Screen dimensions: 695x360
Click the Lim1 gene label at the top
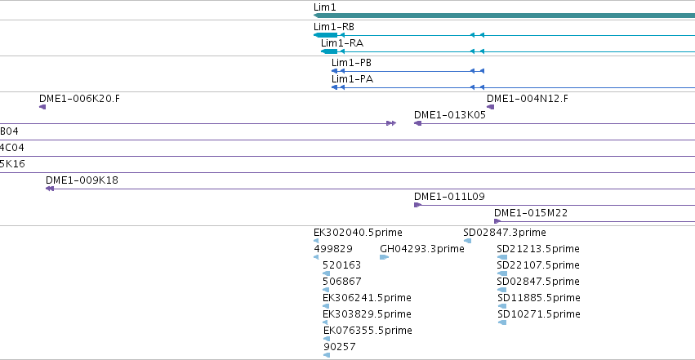tap(324, 7)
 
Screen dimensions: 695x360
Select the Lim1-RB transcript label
tap(334, 27)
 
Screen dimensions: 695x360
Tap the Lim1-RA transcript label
tap(342, 43)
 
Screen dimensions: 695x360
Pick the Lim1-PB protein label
tap(351, 62)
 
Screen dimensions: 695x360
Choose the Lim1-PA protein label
tap(352, 79)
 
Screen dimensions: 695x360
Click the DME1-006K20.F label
tap(79, 98)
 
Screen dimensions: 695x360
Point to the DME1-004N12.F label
tap(528, 98)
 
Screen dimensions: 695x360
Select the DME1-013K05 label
tap(450, 114)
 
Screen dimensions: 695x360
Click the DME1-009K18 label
tap(82, 180)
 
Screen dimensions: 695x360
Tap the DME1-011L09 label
tap(449, 196)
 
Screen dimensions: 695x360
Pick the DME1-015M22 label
tap(531, 212)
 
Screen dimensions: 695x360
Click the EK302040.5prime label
tap(359, 232)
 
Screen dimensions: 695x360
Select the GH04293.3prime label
tap(422, 248)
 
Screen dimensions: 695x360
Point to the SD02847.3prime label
tap(505, 232)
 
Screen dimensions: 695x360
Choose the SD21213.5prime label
tap(538, 248)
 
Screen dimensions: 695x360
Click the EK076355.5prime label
tap(368, 330)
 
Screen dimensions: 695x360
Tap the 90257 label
tap(340, 346)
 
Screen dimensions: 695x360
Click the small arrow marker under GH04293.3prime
tap(385, 257)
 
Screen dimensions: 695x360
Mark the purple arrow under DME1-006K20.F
tap(42, 107)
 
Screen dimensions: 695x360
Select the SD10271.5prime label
tap(539, 314)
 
